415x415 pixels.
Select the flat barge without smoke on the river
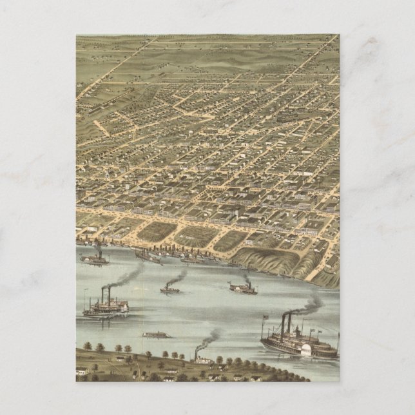click(157, 335)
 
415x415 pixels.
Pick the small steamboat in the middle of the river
click(170, 289)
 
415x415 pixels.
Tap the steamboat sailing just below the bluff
click(243, 289)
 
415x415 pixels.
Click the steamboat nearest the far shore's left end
click(95, 259)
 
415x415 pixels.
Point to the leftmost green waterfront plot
click(156, 231)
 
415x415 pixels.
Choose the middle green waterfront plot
click(195, 236)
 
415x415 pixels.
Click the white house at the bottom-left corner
click(82, 371)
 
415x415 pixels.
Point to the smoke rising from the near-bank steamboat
click(209, 338)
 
